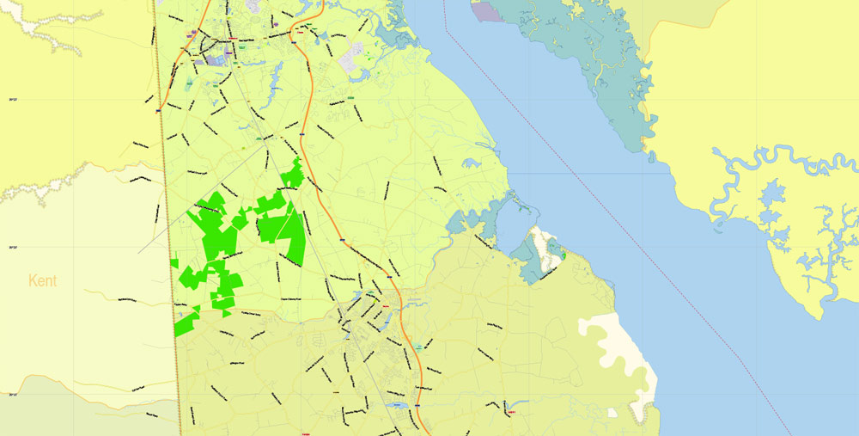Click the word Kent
43,280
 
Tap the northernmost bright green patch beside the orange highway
293,175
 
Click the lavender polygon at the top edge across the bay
486,11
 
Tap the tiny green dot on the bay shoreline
564,255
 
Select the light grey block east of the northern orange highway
353,58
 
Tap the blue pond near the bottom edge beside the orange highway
397,404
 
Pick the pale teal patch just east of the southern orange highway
417,346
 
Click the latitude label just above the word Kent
14,248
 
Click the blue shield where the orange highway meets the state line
159,110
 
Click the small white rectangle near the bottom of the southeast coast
613,412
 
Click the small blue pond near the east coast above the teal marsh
470,161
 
